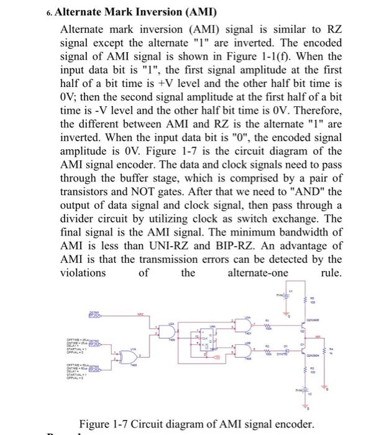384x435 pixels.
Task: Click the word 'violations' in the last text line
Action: click(x=83, y=273)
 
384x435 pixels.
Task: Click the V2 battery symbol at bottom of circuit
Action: click(x=305, y=394)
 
